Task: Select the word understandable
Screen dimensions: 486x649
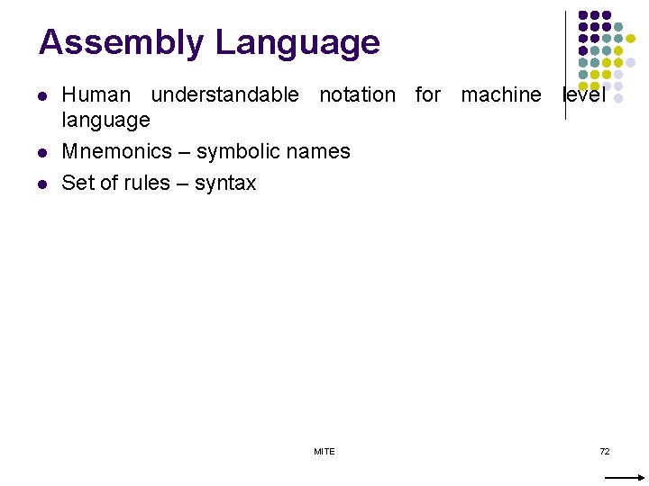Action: coord(224,94)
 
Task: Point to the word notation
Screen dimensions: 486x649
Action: coord(357,94)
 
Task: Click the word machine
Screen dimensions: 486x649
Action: coord(501,94)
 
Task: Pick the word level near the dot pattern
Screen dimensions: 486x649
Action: coord(583,94)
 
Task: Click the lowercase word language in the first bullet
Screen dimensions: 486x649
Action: coord(105,120)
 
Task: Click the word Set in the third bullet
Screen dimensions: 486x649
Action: coord(76,183)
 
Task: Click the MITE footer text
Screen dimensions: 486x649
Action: coord(324,451)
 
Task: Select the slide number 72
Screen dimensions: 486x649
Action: coord(605,451)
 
